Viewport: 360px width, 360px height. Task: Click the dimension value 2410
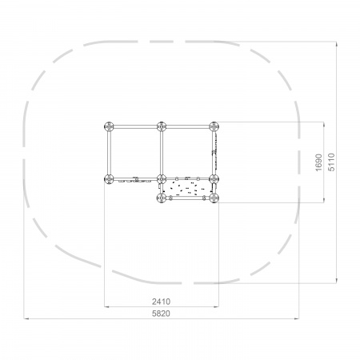click(161, 302)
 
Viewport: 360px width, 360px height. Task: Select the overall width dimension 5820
click(161, 314)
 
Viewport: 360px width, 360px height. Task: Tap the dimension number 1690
click(318, 162)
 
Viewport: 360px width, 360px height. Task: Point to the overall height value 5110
click(331, 162)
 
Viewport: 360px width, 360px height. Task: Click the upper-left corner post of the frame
click(109, 126)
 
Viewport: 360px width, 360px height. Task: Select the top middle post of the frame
click(162, 126)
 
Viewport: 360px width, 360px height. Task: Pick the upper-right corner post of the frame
click(214, 126)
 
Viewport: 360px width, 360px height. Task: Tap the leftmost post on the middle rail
click(109, 179)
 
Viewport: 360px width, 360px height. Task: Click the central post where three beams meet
click(162, 179)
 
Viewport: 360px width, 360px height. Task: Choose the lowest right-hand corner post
click(214, 198)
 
